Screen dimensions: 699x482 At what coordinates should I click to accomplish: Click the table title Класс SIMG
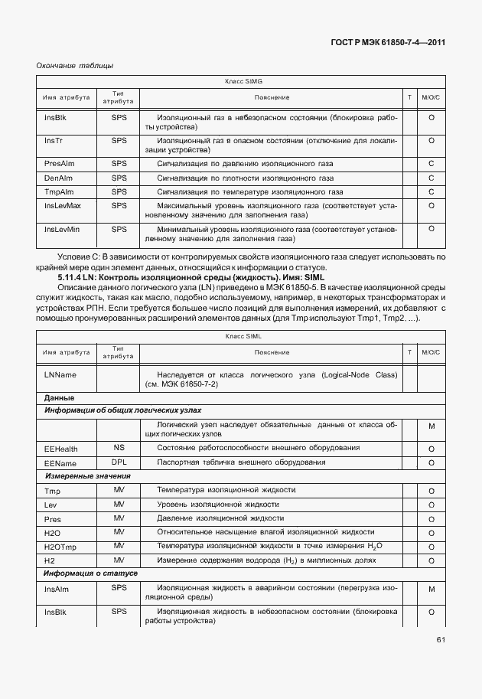[x=243, y=80]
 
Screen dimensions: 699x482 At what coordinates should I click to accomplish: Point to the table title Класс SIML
[x=243, y=336]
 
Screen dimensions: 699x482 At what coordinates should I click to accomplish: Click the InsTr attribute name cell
[x=54, y=141]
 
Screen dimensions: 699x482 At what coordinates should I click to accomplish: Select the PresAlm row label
[x=58, y=164]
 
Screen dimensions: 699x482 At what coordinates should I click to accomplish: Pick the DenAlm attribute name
[x=57, y=178]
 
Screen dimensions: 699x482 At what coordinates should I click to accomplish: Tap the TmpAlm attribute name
[x=58, y=191]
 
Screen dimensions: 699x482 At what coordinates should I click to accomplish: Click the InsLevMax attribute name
[x=63, y=206]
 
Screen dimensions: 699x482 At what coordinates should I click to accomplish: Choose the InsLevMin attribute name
[x=62, y=229]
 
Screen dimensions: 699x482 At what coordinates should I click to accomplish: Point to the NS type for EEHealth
[x=119, y=448]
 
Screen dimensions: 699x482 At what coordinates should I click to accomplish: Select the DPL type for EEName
[x=119, y=462]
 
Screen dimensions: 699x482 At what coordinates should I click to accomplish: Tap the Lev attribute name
[x=51, y=505]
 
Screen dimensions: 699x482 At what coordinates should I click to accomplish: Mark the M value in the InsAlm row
[x=432, y=590]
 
